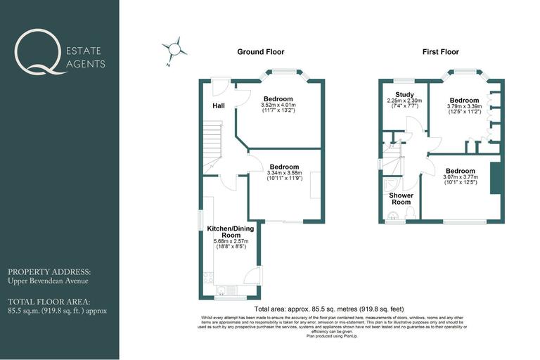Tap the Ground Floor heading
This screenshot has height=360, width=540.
click(261, 52)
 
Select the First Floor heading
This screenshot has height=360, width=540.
click(440, 52)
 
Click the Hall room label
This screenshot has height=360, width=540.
click(219, 106)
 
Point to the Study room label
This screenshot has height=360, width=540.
click(404, 94)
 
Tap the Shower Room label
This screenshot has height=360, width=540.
click(401, 198)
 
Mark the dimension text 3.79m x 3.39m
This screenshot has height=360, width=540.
click(464, 107)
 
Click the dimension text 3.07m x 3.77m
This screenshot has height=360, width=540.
click(460, 177)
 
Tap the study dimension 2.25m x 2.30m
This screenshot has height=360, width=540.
click(404, 101)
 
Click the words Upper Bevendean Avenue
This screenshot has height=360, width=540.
click(48, 281)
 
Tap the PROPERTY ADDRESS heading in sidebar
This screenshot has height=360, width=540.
click(49, 271)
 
